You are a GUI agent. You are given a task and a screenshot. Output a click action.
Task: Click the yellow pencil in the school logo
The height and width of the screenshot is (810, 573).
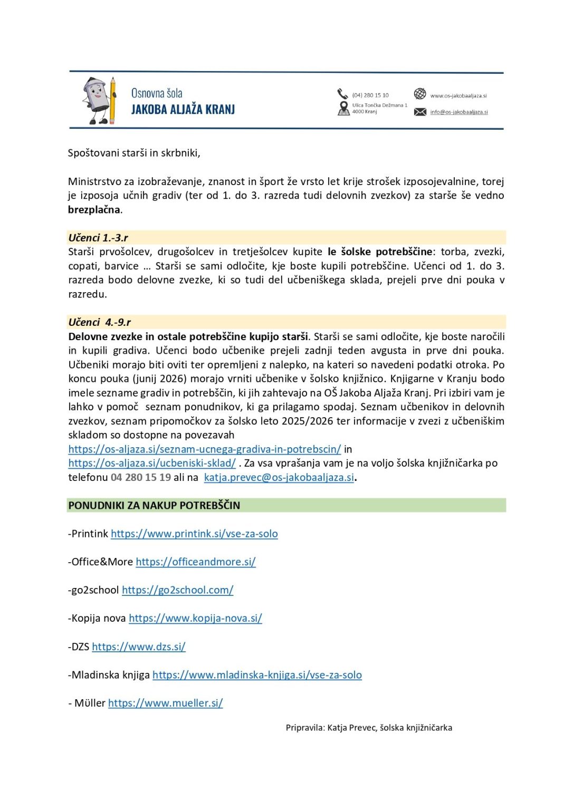112,100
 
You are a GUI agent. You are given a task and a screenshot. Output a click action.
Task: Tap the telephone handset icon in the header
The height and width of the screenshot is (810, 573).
343,94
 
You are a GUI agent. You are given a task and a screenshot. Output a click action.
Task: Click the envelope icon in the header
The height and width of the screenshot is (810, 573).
420,112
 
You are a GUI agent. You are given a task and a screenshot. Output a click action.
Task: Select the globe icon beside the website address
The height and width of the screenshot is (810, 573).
420,94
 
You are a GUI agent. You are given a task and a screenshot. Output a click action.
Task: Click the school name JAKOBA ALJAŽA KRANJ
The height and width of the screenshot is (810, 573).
183,110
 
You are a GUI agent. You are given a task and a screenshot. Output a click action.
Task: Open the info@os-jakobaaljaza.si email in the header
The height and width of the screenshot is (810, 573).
459,112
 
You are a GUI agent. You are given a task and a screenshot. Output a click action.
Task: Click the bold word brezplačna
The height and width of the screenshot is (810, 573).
94,209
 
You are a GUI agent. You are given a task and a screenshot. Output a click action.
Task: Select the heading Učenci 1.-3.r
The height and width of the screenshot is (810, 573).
98,237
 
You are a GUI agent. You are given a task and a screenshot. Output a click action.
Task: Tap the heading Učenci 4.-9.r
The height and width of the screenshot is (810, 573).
100,322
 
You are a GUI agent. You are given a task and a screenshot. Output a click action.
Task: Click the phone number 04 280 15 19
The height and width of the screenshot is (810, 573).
141,477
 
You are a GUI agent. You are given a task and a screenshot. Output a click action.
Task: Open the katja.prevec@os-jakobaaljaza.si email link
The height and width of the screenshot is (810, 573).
279,477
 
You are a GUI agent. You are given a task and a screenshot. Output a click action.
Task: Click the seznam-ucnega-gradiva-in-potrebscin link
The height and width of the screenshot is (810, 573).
204,449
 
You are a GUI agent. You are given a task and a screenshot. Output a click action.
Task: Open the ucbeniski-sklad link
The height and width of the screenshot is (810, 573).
152,463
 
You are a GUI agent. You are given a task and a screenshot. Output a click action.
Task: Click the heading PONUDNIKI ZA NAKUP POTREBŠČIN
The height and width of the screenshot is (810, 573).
154,505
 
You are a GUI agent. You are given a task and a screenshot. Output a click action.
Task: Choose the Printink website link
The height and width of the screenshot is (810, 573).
194,534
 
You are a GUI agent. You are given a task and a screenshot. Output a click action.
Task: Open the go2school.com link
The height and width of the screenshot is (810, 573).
177,590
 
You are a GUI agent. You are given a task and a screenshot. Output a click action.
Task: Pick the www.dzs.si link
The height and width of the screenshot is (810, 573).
139,647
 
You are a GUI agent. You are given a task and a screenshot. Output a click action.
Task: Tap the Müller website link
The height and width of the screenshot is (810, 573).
165,703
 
